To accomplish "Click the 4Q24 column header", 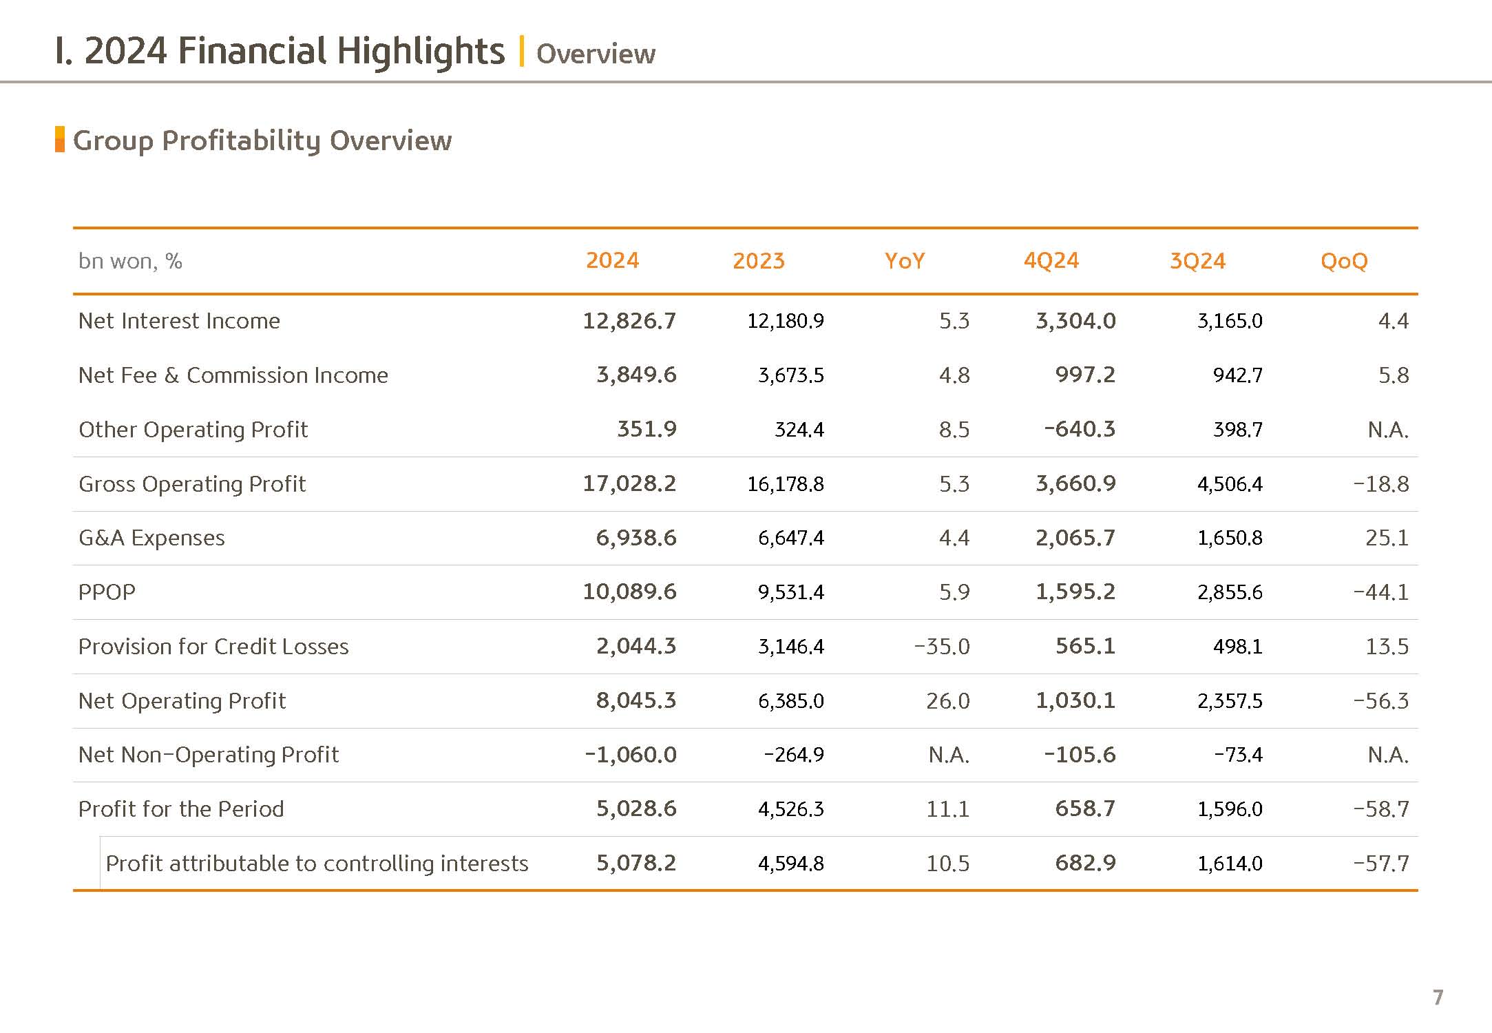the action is pos(1051,260).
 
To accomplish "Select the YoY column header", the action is pos(905,260).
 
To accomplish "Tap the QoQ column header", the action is pos(1344,261).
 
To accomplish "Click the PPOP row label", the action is pos(107,592).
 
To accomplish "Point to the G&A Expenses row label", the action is pos(151,537).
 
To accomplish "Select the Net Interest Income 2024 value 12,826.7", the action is pos(629,320).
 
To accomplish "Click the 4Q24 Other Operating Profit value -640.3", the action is pos(1080,429).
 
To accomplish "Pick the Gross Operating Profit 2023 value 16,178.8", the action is pos(786,483).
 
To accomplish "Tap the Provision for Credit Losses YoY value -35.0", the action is pos(942,646).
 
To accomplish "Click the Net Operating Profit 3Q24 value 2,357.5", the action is pos(1230,700).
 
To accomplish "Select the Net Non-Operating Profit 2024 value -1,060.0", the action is pos(631,754).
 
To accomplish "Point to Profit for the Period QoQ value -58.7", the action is pos(1381,808).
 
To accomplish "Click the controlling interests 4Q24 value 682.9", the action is pos(1085,862).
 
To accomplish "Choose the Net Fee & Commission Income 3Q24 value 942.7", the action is pos(1237,375).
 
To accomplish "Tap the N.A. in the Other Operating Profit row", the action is pos(1388,429).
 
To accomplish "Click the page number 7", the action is pos(1438,997).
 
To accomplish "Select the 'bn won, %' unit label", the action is pos(130,261).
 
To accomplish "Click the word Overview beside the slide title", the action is pos(596,54).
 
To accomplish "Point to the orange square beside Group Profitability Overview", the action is pos(60,139).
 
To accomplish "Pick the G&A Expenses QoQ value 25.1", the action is pos(1387,537).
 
